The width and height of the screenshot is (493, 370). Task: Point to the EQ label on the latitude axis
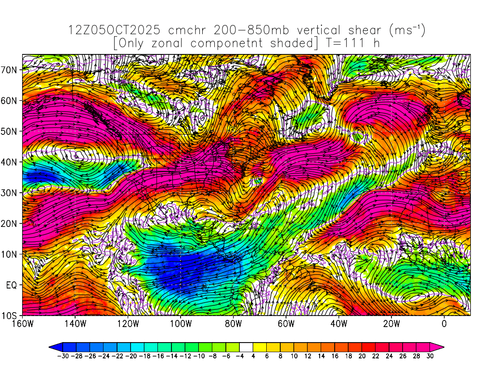point(12,285)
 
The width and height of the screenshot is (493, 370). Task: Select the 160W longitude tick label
point(22,324)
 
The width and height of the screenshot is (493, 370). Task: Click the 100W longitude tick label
point(180,324)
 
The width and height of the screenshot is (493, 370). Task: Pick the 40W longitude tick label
point(338,324)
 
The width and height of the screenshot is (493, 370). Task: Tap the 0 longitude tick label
point(444,324)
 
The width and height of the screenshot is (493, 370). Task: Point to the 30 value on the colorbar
point(430,357)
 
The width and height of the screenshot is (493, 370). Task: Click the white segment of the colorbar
point(246,346)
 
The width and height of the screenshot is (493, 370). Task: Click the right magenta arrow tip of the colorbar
point(440,346)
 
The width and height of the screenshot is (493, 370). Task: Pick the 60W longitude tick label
point(285,324)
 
